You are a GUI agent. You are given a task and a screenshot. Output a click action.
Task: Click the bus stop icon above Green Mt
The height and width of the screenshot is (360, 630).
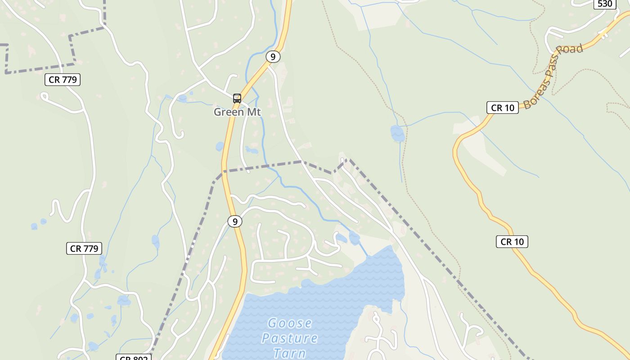pyautogui.click(x=237, y=98)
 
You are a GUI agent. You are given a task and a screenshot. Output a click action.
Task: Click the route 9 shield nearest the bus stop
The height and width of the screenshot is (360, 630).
pyautogui.click(x=273, y=57)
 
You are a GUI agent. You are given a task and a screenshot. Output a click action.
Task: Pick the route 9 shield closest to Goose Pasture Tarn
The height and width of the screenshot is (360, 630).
pyautogui.click(x=234, y=221)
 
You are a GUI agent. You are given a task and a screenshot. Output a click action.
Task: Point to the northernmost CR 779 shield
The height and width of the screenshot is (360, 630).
pyautogui.click(x=63, y=80)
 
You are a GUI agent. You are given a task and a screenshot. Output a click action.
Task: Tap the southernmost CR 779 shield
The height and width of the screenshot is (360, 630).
pyautogui.click(x=84, y=248)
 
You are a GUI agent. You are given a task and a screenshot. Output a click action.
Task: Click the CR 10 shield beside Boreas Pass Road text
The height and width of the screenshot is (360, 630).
pyautogui.click(x=503, y=108)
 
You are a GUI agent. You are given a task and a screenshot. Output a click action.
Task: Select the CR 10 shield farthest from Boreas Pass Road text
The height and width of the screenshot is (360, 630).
pyautogui.click(x=512, y=242)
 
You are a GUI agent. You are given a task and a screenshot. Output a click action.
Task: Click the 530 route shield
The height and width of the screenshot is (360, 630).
pyautogui.click(x=605, y=4)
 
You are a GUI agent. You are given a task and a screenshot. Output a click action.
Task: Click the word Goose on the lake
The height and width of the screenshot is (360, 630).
pyautogui.click(x=290, y=323)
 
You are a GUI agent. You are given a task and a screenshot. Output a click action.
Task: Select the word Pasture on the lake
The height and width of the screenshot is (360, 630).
pyautogui.click(x=290, y=338)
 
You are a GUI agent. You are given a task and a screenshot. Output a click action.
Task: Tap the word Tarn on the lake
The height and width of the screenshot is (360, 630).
pyautogui.click(x=290, y=353)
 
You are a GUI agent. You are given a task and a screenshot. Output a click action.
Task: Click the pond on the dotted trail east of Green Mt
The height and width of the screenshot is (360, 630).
pyautogui.click(x=397, y=133)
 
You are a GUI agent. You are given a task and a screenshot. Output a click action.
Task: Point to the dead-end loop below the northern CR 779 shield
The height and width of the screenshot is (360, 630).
pyautogui.click(x=44, y=96)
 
